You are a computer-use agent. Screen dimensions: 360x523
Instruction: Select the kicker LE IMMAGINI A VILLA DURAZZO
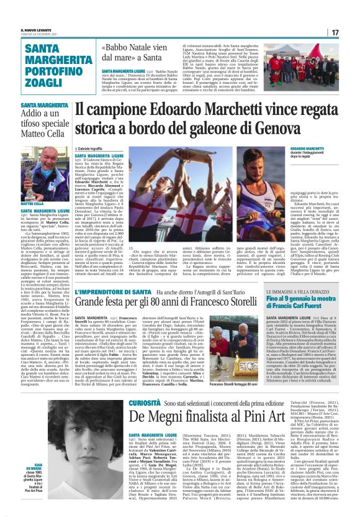point(297,291)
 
